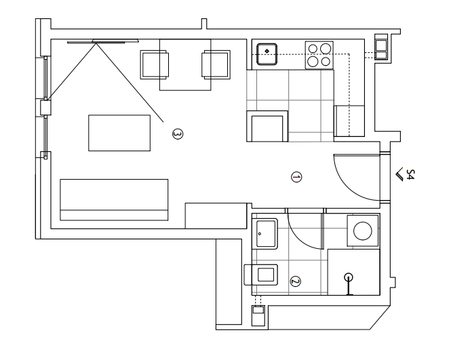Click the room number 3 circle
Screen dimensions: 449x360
(x=178, y=134)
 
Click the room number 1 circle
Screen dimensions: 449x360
(x=296, y=177)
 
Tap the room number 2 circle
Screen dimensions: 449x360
(x=295, y=281)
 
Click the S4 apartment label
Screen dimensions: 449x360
(x=410, y=174)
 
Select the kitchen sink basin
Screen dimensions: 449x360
(x=267, y=54)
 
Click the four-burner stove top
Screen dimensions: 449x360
(x=319, y=55)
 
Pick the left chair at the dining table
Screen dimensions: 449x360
(x=154, y=64)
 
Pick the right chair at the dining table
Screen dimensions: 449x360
(x=216, y=64)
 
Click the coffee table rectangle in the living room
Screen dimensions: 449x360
(x=119, y=133)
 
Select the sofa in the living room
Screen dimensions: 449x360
(x=114, y=200)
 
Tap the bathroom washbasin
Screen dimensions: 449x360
(x=265, y=233)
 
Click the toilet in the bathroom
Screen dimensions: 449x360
(x=261, y=275)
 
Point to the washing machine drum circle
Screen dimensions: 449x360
(x=362, y=231)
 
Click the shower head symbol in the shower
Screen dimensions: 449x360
(x=349, y=277)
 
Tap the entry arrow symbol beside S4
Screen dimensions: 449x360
(x=399, y=174)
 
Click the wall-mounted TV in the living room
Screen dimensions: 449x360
(x=103, y=41)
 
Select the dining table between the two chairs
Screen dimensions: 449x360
(x=185, y=64)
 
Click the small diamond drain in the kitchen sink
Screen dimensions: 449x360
(x=267, y=52)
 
